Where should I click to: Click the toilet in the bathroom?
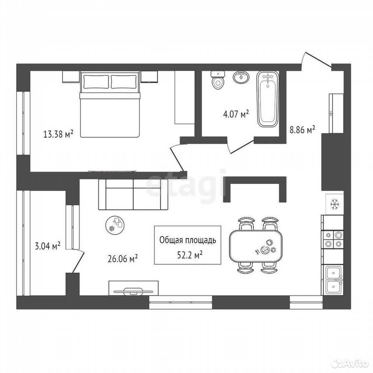coord(218,80)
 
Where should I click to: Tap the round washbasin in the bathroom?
coord(241,77)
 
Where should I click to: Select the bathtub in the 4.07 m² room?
coord(268,100)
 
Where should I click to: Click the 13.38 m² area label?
coord(58,134)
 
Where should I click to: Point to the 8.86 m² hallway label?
coord(302,130)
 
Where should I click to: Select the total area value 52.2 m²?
coord(190,255)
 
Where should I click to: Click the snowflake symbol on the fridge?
coord(335,205)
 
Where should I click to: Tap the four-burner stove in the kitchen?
coord(332,240)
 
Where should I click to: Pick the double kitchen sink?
coord(334,280)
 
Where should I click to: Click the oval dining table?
coord(256,246)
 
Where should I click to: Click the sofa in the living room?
coord(133,195)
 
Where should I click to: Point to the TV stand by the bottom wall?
coord(134,288)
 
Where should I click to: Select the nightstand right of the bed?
coord(149,77)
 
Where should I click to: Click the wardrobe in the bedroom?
coord(185,97)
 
